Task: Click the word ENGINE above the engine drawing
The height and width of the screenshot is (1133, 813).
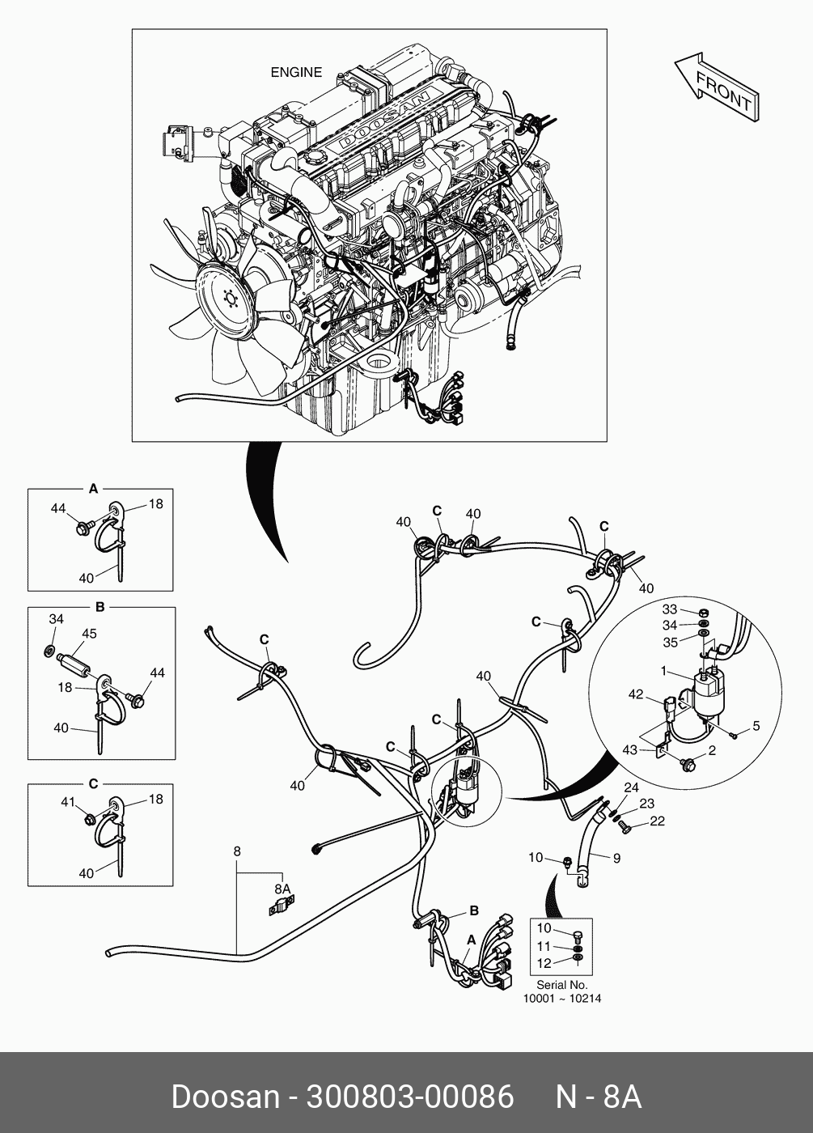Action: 296,73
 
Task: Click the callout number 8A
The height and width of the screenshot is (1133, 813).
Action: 282,889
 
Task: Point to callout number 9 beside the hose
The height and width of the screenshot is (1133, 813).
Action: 616,859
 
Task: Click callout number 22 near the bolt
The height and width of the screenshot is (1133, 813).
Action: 657,821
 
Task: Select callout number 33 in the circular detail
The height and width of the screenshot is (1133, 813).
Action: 670,609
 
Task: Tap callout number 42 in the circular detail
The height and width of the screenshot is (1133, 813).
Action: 636,694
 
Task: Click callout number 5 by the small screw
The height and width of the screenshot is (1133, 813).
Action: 756,726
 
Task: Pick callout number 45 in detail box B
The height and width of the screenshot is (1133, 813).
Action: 89,634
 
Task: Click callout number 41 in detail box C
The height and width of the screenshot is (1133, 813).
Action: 68,802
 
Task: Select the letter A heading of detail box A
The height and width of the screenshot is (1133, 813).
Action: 93,489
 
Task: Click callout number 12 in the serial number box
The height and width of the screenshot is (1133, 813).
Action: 544,963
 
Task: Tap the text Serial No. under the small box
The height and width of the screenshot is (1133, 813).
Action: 561,985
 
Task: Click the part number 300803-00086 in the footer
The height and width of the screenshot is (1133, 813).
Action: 408,1097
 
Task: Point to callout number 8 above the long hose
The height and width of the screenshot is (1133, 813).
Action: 236,851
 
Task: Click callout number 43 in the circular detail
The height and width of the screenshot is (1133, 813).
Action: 630,750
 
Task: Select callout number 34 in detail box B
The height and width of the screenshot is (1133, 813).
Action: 56,619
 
